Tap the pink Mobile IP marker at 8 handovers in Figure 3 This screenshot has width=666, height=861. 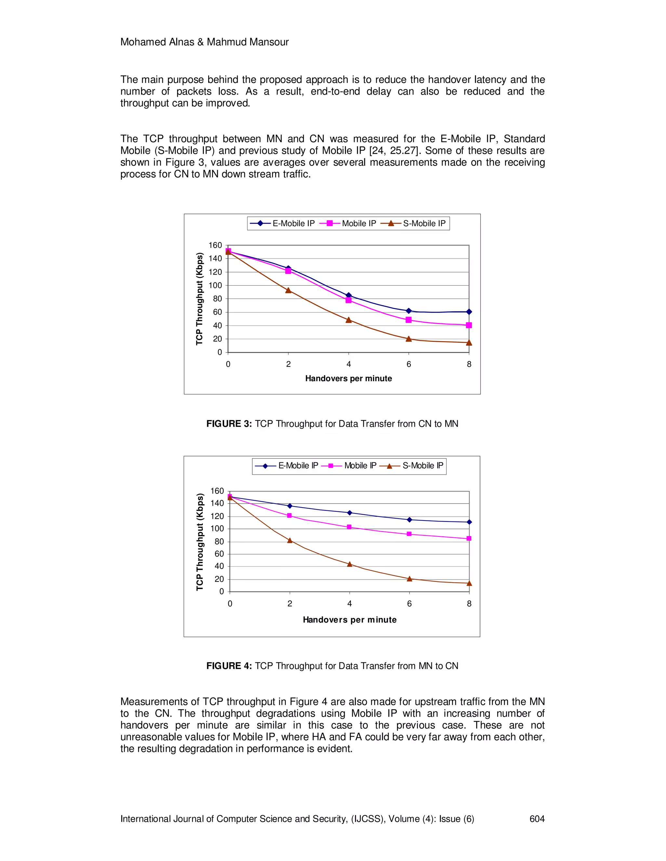click(x=469, y=325)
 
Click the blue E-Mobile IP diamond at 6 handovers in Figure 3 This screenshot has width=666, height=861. click(x=409, y=311)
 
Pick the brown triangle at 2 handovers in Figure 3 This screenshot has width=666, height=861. click(x=288, y=290)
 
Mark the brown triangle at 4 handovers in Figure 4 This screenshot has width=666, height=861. click(x=350, y=564)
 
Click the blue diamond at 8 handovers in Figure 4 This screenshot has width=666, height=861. click(x=469, y=522)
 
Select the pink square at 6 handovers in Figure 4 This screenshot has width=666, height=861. click(x=409, y=534)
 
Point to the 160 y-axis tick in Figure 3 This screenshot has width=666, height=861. click(x=215, y=245)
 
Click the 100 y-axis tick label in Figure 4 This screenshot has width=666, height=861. click(x=217, y=529)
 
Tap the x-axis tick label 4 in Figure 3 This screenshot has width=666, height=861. click(x=349, y=364)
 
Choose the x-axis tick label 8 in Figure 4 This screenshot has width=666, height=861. click(x=469, y=604)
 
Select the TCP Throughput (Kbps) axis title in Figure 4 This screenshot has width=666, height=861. click(x=200, y=542)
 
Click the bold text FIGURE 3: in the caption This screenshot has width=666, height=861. click(x=229, y=424)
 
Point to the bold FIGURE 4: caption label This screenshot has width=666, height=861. click(x=229, y=666)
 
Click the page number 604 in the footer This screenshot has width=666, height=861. click(x=537, y=819)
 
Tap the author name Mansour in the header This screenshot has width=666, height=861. click(x=268, y=42)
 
